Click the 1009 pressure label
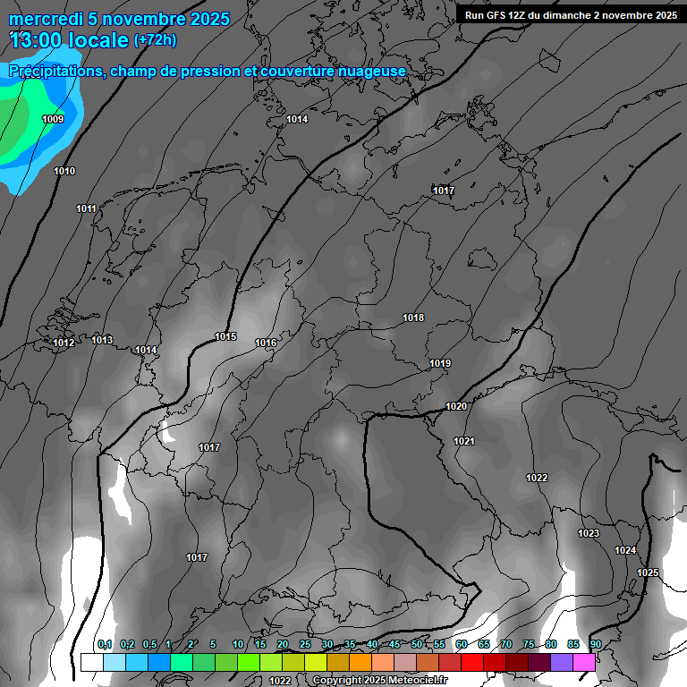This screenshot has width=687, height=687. point(53,119)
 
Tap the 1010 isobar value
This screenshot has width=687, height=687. point(64,171)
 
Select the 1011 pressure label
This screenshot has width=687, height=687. point(86,208)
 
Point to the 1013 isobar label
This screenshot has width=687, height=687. point(102,340)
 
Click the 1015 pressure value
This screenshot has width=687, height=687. point(225,336)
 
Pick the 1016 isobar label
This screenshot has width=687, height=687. point(266,343)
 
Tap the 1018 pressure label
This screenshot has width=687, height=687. point(413,318)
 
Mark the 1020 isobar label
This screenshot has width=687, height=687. point(456,406)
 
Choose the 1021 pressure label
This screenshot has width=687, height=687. point(464,441)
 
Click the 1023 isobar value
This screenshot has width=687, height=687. point(589,533)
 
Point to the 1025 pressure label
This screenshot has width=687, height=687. point(648,572)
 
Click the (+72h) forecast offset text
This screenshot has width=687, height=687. point(155,40)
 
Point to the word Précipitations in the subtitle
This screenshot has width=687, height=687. point(55,71)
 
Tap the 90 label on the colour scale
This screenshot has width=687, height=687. point(595,644)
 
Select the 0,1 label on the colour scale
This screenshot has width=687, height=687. point(104,644)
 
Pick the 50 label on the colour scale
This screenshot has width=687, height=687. point(417,644)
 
